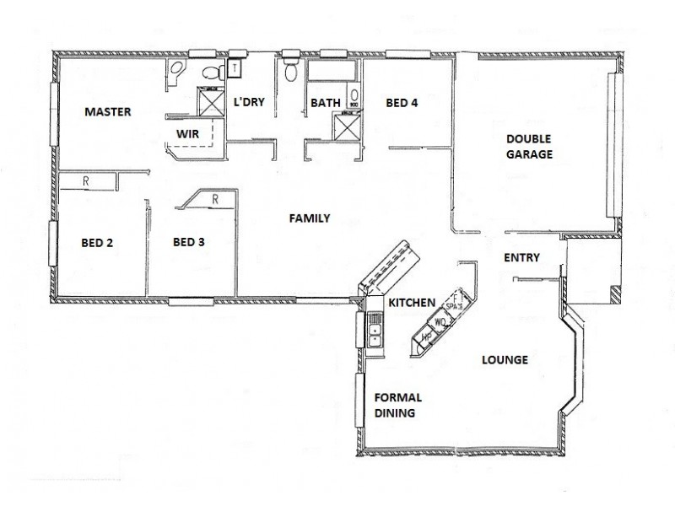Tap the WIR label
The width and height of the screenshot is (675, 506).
click(x=187, y=134)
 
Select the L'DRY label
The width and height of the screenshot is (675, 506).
click(x=249, y=103)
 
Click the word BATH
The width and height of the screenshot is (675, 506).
click(x=326, y=104)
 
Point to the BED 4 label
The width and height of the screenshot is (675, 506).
click(x=402, y=104)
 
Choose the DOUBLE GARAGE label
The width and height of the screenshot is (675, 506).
click(x=529, y=147)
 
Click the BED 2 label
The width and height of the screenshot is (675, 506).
click(x=97, y=243)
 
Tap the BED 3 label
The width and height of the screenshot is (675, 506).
click(x=188, y=243)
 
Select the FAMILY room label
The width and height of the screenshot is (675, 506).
click(x=309, y=218)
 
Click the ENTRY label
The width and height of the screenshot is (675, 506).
click(x=521, y=258)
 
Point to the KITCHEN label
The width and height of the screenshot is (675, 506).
click(x=412, y=303)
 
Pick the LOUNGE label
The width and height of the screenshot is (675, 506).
click(x=505, y=360)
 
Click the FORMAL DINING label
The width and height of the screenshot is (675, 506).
click(x=398, y=406)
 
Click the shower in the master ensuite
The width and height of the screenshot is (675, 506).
click(x=208, y=101)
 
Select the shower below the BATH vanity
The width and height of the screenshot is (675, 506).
click(x=344, y=126)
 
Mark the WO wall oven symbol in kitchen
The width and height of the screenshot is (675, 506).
click(x=440, y=322)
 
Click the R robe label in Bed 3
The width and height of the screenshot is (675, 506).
click(x=215, y=199)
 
